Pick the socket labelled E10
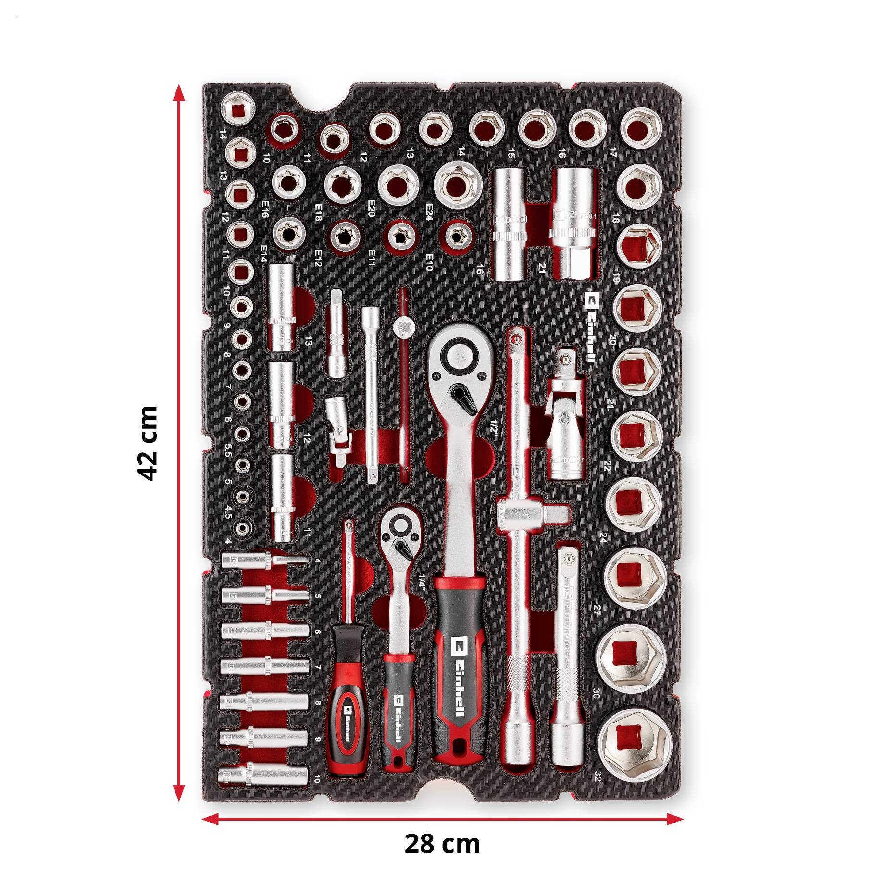pyautogui.click(x=457, y=236)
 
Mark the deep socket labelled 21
pyautogui.click(x=574, y=223)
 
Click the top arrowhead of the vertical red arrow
pyautogui.click(x=179, y=92)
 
